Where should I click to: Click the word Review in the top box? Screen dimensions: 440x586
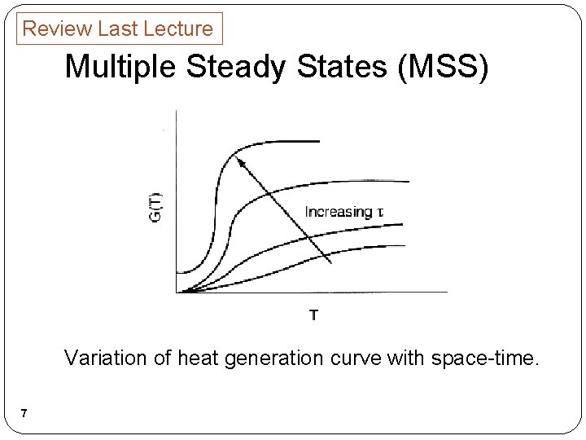click(57, 29)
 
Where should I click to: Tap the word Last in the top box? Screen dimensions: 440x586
click(117, 29)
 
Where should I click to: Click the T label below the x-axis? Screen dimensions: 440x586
click(313, 314)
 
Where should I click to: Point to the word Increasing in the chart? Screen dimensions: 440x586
click(339, 212)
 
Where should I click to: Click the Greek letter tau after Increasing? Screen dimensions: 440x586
click(380, 213)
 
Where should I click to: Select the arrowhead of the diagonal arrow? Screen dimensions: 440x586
click(239, 161)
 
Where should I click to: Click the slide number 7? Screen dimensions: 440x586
click(24, 414)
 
